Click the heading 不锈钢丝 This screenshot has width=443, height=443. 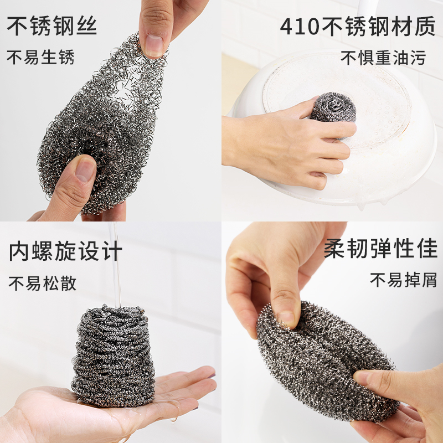[x=52, y=25]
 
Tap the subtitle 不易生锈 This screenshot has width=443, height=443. [x=40, y=58]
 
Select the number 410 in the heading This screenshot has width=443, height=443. [x=300, y=27]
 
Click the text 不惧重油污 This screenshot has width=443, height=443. [x=383, y=58]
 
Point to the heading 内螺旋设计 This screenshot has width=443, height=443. [x=65, y=251]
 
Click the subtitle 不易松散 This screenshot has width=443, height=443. [x=43, y=283]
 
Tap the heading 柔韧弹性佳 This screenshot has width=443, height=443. [x=380, y=248]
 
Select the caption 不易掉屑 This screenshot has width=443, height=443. [x=404, y=280]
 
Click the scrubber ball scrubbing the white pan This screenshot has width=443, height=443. [x=333, y=107]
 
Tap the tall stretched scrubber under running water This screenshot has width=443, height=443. [x=113, y=356]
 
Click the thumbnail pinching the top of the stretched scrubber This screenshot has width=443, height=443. [x=154, y=45]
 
